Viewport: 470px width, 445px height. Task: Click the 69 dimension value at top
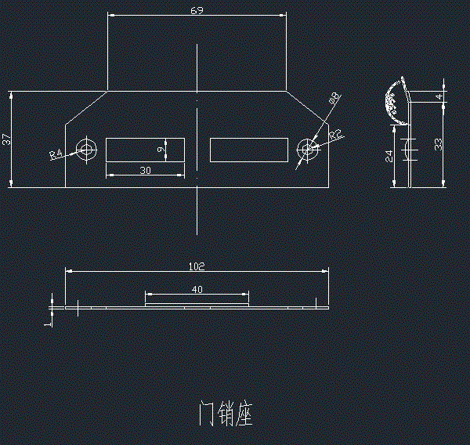[197, 10]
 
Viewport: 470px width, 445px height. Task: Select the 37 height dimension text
[6, 139]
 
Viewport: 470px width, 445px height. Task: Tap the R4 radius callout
[56, 154]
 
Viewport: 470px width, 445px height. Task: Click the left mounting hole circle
[86, 149]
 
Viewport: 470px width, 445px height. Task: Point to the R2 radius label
[335, 136]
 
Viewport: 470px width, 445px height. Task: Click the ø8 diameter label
[334, 99]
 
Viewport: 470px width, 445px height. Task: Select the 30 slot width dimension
[145, 170]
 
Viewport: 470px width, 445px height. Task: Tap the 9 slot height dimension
[160, 149]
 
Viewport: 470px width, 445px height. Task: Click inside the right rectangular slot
[248, 150]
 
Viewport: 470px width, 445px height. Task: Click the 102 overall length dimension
[197, 266]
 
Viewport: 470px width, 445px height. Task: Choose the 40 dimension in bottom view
[197, 290]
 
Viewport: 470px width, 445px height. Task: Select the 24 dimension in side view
[389, 155]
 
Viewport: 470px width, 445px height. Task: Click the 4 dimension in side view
[439, 96]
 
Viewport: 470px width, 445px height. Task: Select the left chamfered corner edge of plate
[85, 107]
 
